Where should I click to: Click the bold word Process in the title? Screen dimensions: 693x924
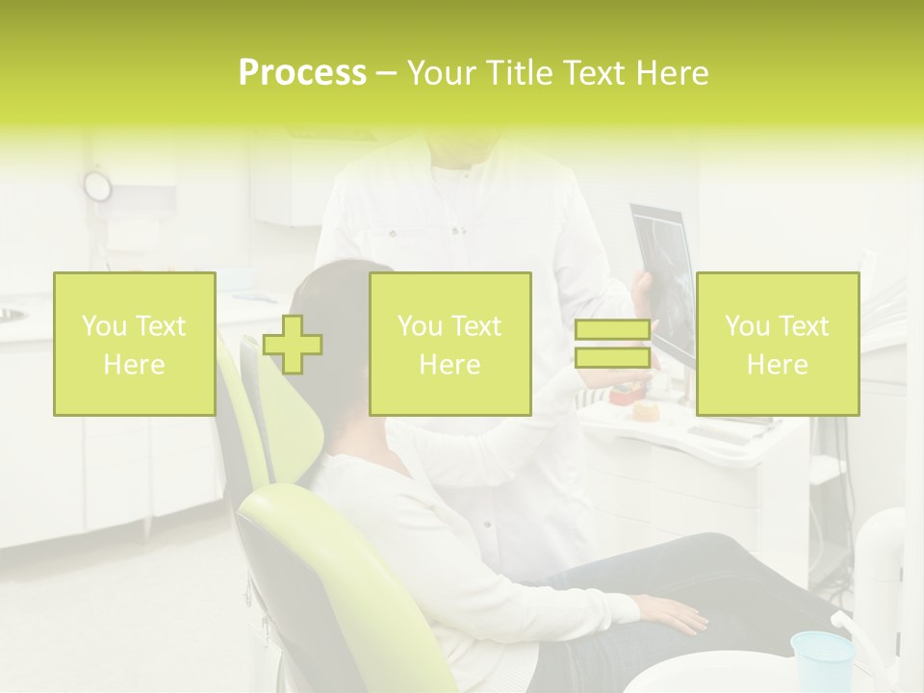tap(302, 73)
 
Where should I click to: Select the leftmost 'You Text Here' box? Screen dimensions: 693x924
tap(135, 345)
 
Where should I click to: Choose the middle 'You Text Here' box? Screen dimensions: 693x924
tap(450, 345)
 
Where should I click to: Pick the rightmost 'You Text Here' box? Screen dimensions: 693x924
tap(778, 345)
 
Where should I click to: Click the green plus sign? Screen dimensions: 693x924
tap(293, 345)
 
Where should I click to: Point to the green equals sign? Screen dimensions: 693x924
tap(612, 345)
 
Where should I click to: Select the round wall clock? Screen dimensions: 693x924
tap(97, 185)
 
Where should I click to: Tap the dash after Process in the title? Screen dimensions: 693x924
tap(387, 73)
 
